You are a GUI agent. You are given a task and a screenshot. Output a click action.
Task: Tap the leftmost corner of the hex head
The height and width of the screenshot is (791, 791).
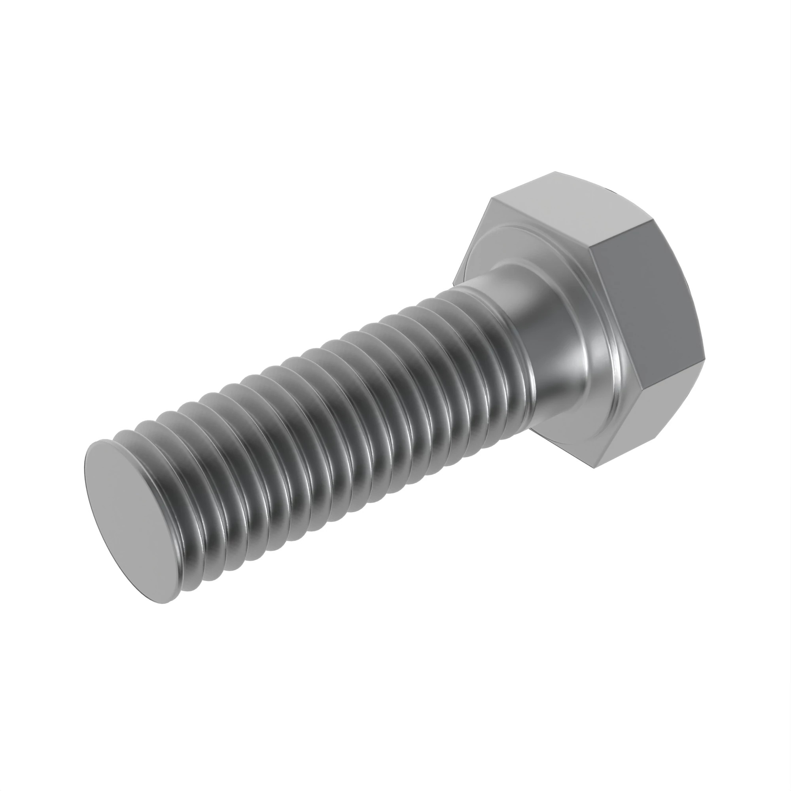453,282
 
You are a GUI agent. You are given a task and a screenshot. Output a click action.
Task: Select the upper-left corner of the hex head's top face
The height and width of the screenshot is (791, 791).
491,199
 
